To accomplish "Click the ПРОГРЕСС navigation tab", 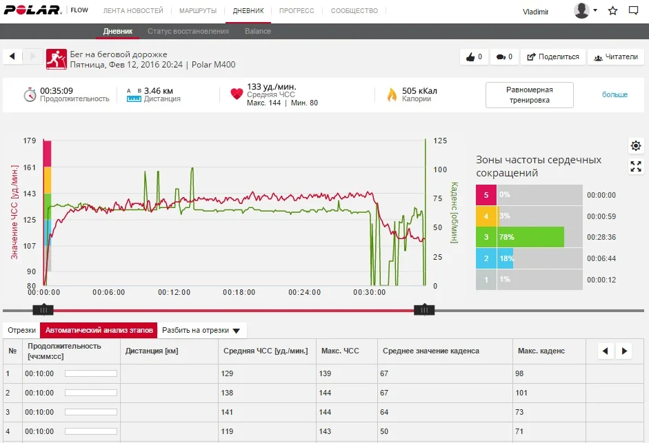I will pos(297,11).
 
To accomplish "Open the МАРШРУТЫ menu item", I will pos(198,11).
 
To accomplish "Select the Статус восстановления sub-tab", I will pos(188,31).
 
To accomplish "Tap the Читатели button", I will pos(615,56).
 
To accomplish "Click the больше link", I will pos(615,94).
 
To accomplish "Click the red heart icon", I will pos(237,94).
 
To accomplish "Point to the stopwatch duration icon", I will pos(30,94).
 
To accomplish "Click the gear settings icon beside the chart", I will pos(635,145).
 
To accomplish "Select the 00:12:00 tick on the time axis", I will pos(174,292).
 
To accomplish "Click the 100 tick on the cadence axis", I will pos(439,169).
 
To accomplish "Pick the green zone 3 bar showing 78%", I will pos(530,237).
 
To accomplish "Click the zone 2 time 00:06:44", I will pos(601,258).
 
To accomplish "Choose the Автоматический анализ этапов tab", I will pos(98,330).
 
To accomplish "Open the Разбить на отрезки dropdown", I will pos(201,330).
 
